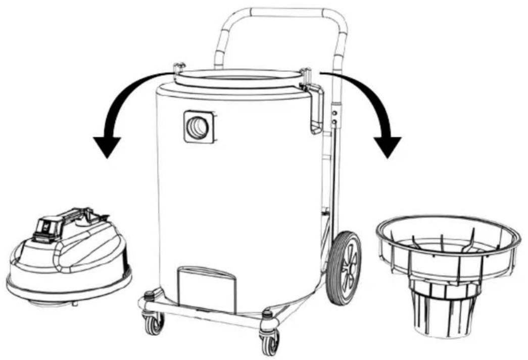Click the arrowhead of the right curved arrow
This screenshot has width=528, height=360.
(388, 145)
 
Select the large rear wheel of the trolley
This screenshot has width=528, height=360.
(345, 267)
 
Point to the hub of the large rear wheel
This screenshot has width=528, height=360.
(348, 268)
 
